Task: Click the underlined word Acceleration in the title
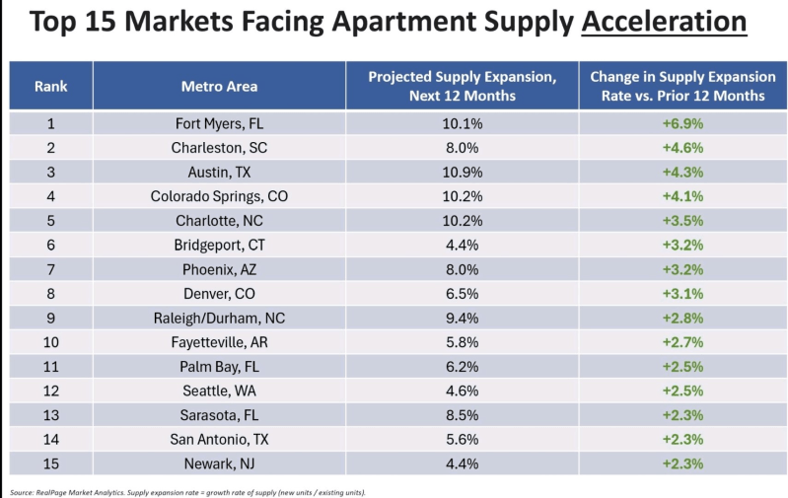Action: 664,23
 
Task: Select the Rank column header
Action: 51,86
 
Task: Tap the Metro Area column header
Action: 219,86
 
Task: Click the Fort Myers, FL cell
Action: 219,124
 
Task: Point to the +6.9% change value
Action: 682,124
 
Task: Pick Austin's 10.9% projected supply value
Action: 462,172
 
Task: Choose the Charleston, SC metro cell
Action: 219,148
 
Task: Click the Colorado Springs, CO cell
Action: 219,196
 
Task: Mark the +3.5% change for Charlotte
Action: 682,220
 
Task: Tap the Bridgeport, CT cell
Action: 219,245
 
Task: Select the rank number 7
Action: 51,268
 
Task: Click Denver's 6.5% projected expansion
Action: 462,293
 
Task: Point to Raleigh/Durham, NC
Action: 219,317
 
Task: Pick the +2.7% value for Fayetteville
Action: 682,341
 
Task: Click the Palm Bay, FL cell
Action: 219,365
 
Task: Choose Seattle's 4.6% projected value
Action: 462,390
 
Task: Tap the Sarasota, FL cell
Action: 219,413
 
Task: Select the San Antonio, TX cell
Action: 219,438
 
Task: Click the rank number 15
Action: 51,462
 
